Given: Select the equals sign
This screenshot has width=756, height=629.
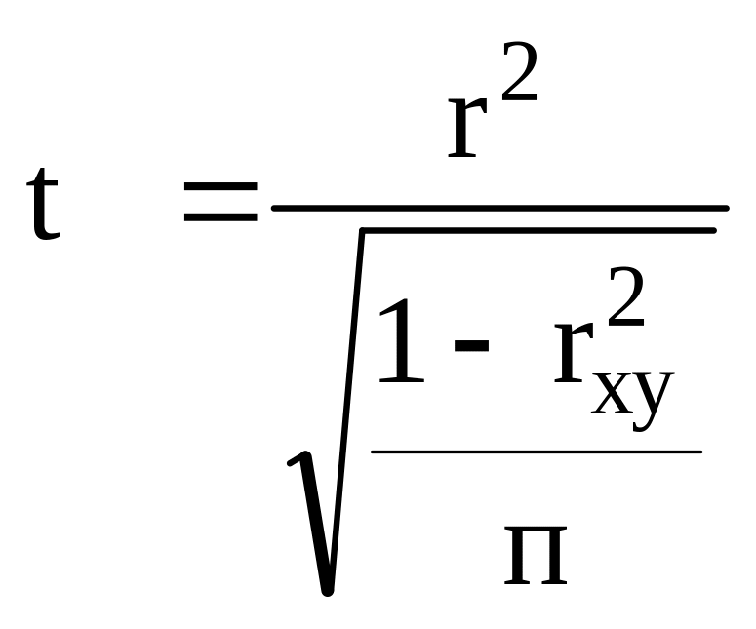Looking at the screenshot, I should [x=220, y=202].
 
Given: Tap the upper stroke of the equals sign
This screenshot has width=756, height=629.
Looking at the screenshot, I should [x=220, y=186].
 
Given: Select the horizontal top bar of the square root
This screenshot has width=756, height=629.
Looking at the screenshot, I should [x=537, y=230].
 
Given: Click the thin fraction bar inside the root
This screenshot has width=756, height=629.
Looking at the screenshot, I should [x=537, y=452].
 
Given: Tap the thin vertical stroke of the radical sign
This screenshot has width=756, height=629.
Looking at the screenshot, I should [x=348, y=390].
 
